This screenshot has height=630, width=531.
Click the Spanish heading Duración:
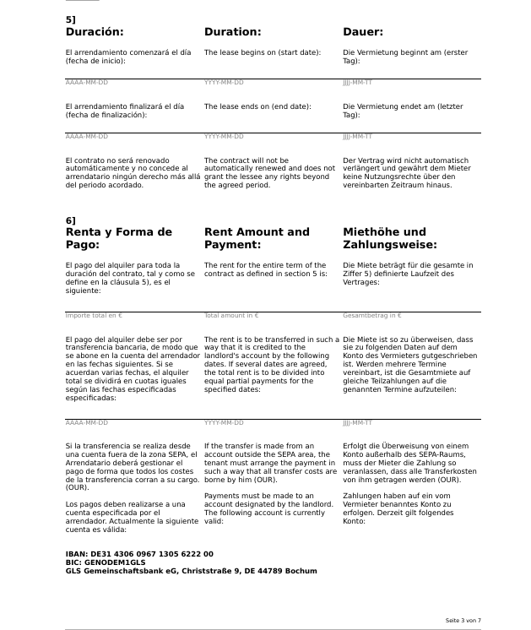(95, 32)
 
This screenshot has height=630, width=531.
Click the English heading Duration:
(232, 32)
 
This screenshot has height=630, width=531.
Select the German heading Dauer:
(363, 32)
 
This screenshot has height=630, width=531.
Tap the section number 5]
(71, 19)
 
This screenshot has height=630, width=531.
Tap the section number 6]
(71, 220)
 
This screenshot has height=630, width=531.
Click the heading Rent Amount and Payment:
(257, 238)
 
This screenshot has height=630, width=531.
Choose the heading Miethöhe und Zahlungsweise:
(390, 238)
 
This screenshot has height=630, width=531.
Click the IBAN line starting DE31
(139, 554)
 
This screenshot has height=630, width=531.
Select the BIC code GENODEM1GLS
(106, 562)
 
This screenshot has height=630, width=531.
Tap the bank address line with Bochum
(191, 571)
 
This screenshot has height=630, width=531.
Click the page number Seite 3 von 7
(463, 621)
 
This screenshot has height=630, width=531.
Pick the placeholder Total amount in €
(231, 316)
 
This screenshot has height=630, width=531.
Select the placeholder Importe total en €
(94, 316)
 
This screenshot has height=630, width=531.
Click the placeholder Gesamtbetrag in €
(372, 316)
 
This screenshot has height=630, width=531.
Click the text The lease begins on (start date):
(263, 52)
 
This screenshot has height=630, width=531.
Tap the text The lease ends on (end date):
(257, 106)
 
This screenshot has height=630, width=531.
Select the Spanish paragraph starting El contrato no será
(132, 172)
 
